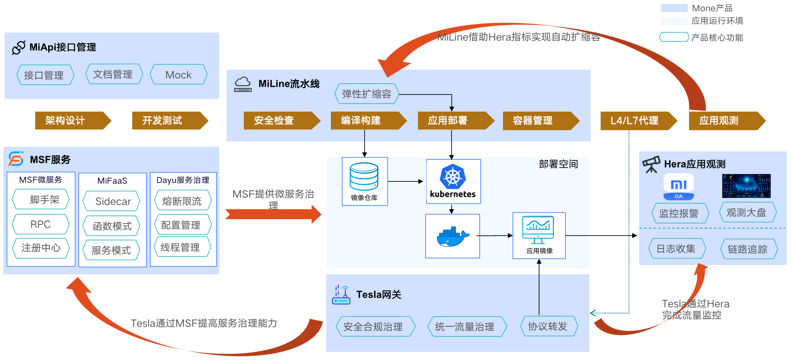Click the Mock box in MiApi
[x=178, y=75]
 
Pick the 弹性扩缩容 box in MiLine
[x=366, y=94]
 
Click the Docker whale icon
[x=452, y=236]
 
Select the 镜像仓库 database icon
[x=364, y=176]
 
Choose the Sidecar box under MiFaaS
[x=112, y=201]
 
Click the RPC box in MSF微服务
[x=41, y=225]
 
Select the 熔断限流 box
[x=182, y=201]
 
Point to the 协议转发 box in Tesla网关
[x=548, y=326]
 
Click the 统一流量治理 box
[x=465, y=327]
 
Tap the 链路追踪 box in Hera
[x=748, y=249]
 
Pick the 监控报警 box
[x=679, y=213]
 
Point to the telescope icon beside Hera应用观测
[x=651, y=164]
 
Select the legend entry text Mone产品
[x=712, y=8]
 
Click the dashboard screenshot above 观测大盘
[x=746, y=186]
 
